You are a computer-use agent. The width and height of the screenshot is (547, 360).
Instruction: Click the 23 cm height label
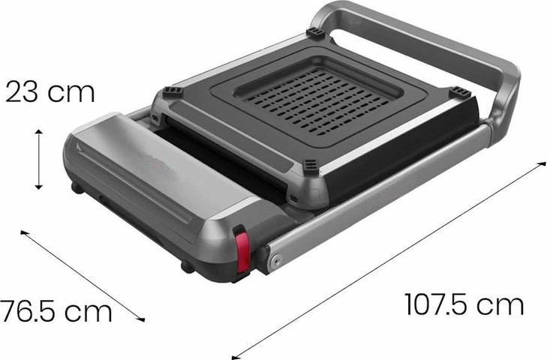50,91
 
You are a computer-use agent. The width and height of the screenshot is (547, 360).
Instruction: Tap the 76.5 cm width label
56,311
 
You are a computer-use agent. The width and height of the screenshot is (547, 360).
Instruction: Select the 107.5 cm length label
464,304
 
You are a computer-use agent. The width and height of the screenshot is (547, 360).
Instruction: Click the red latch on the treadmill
242,251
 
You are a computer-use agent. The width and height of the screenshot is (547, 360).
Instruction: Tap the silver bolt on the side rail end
276,260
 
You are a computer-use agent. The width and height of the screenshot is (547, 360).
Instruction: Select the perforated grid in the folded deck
317,101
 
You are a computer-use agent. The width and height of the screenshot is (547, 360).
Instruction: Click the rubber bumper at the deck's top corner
316,34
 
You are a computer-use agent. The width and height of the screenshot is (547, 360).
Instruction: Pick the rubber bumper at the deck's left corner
173,91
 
